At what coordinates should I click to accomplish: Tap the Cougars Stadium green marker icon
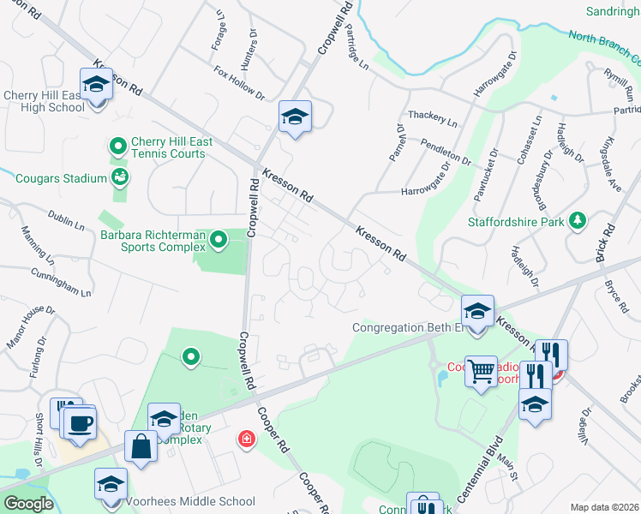tap(120, 178)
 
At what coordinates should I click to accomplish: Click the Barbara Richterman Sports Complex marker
tap(219, 240)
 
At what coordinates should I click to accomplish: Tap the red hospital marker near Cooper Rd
tap(245, 439)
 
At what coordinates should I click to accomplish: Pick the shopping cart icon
tap(481, 373)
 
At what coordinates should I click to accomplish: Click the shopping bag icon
tap(140, 447)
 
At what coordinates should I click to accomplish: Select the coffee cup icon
tap(80, 423)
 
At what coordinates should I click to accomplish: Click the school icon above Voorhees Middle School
tap(111, 484)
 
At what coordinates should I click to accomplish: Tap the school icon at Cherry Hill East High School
tap(96, 85)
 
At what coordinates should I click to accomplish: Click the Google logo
tap(28, 504)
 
